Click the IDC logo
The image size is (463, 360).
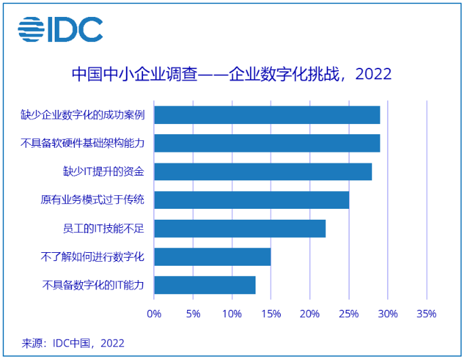point(60,28)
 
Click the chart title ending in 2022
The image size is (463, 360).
point(231,74)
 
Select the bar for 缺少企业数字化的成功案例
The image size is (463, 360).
point(266,115)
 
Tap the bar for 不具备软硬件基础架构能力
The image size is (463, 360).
point(266,144)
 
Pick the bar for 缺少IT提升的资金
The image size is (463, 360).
point(262,172)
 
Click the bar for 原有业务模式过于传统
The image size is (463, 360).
point(251,200)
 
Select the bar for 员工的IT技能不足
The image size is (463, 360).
point(239,228)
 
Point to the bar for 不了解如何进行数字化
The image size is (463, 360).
point(212,257)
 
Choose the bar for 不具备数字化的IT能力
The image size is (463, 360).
point(205,285)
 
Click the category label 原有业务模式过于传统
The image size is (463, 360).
point(93,200)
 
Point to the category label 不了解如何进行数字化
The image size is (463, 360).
point(93,257)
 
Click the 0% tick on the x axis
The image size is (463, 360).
point(154,314)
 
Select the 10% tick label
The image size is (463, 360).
point(232,314)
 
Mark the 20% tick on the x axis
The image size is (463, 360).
point(310,314)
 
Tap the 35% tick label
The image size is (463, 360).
point(426,314)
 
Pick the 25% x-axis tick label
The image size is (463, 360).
point(348,314)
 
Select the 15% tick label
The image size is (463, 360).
point(270,314)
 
